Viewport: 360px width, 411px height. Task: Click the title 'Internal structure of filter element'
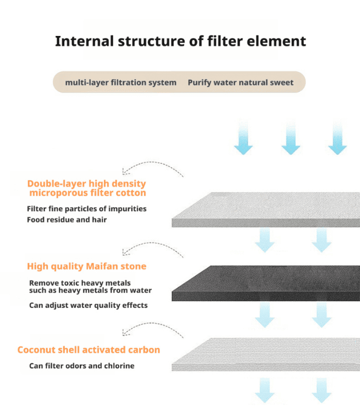(x=180, y=41)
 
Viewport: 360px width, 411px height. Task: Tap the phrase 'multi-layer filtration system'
(x=120, y=82)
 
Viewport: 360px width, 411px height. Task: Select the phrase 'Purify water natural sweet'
(x=240, y=82)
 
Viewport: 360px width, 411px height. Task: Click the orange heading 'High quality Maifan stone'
(x=86, y=266)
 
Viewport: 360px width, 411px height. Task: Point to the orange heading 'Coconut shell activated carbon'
(x=88, y=350)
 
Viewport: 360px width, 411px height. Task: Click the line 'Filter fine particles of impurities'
(x=86, y=209)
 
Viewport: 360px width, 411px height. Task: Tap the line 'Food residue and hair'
(x=66, y=219)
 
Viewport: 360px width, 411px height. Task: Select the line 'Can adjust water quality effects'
(x=88, y=305)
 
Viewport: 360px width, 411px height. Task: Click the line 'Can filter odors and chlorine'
(x=82, y=366)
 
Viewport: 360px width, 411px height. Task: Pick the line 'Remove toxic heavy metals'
(x=80, y=283)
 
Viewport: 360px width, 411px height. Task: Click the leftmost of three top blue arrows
(x=243, y=137)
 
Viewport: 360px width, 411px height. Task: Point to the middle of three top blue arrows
(x=291, y=137)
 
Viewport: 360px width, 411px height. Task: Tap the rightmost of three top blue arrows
(x=337, y=137)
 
